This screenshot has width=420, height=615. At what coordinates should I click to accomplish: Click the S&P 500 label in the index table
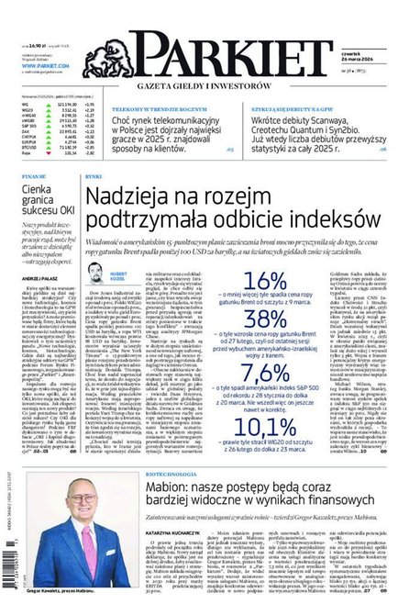click(x=28, y=122)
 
